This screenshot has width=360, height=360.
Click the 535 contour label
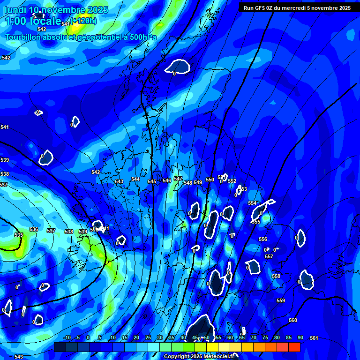coord(19,235)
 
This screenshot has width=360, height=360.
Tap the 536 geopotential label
coord(34,229)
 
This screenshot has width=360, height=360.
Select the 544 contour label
coord(135,179)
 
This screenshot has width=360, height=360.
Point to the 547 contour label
coord(178,179)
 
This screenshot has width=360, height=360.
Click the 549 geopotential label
coord(198,182)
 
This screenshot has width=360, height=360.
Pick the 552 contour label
coord(232,181)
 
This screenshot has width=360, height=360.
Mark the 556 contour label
coord(263,239)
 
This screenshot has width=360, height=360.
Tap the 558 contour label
coord(276,276)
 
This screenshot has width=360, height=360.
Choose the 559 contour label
coord(281,300)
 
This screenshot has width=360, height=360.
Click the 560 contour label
coord(293,320)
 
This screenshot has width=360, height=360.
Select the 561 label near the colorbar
coord(314,338)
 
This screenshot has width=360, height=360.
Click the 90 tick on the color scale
coord(300,337)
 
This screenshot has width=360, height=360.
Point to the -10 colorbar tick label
coord(67,337)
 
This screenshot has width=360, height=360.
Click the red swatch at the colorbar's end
coord(294,347)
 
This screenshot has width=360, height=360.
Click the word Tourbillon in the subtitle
coord(23,37)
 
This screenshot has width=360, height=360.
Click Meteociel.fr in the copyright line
coord(211,357)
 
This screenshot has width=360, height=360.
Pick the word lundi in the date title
coord(15,10)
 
